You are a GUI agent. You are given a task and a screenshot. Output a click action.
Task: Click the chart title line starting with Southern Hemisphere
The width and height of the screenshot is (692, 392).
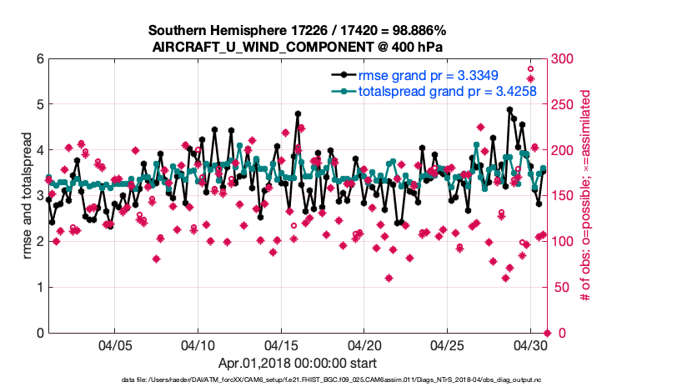coord(298,30)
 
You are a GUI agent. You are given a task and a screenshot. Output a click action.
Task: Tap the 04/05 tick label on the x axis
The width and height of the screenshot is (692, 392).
coord(115,344)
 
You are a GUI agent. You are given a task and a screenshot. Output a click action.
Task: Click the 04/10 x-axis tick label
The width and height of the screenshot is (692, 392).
coord(198,344)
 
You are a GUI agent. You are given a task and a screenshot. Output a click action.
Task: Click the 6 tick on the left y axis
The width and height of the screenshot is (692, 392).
coord(39,59)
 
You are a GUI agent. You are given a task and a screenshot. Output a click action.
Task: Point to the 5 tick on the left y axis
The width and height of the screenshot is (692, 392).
coord(39,105)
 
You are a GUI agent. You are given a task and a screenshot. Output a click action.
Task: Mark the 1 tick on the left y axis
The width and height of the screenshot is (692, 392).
coord(39,288)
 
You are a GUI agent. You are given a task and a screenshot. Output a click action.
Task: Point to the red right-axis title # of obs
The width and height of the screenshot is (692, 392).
coord(586,196)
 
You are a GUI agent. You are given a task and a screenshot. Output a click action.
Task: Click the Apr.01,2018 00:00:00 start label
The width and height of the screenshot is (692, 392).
coord(298,363)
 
